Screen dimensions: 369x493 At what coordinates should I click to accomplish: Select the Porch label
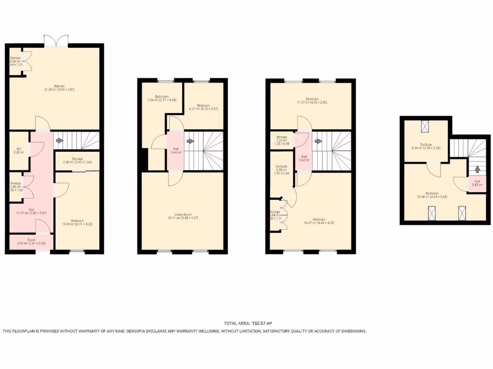[x=31, y=240]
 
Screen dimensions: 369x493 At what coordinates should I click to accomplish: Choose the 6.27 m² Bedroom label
[x=203, y=106]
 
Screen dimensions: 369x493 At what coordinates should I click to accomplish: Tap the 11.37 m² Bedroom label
[x=312, y=99]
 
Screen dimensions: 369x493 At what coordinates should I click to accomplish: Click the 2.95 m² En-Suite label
[x=282, y=169]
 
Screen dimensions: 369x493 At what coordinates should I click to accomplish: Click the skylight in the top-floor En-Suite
[x=425, y=126]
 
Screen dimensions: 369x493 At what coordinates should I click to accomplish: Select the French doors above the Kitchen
[x=56, y=41]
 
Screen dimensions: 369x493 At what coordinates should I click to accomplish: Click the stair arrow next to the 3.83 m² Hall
[x=477, y=169]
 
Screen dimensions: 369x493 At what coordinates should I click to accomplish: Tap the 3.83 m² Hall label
[x=477, y=183]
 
